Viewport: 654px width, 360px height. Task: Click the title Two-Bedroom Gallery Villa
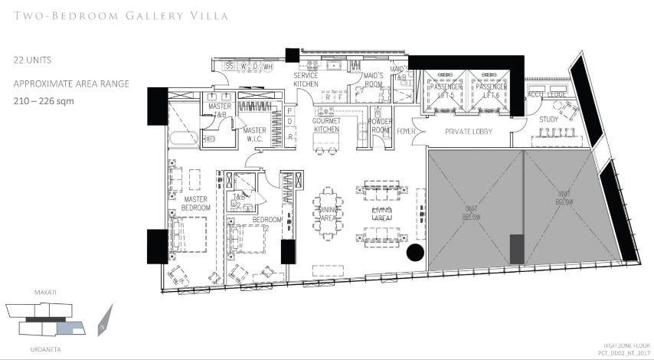121,15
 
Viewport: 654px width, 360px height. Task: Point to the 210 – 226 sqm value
44,100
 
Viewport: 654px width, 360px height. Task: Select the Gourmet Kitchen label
325,126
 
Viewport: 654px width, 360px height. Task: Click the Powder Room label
380,126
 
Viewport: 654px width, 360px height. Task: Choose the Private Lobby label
467,132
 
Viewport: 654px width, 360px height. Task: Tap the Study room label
548,119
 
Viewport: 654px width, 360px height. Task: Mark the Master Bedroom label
196,203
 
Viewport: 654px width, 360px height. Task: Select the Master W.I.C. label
254,135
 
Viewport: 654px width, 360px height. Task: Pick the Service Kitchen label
312,80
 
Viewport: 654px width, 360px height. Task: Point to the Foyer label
406,131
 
